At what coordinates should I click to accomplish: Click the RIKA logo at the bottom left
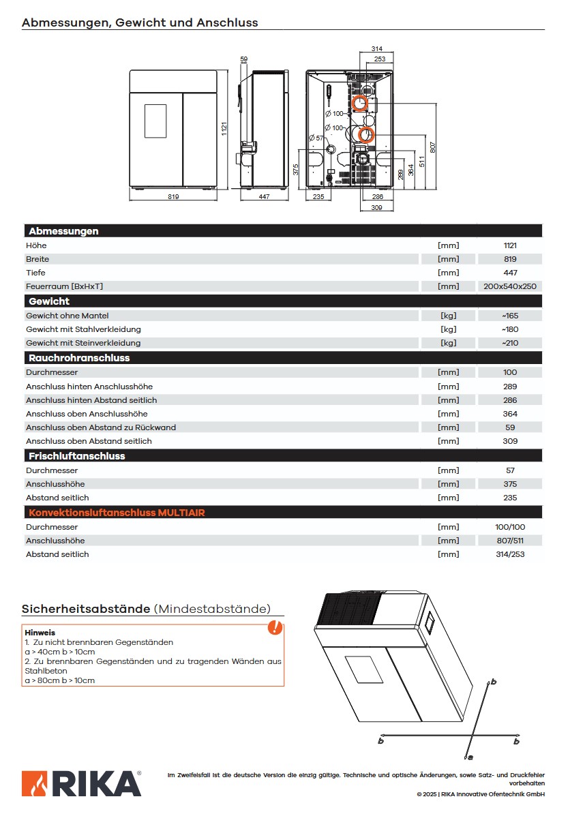point(81,783)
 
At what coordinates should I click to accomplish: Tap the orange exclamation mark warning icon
point(275,627)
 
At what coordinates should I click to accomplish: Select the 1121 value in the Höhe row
point(510,245)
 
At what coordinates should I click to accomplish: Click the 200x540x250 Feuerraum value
point(510,286)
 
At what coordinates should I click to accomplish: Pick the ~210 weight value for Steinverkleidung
point(510,343)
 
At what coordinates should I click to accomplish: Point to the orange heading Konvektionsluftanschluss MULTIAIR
point(115,512)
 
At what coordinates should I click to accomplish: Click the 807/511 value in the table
point(510,541)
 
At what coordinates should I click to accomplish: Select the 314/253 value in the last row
point(510,554)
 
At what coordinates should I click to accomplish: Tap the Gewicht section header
point(49,301)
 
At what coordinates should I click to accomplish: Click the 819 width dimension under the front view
point(172,197)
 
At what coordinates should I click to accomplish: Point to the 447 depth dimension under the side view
point(265,197)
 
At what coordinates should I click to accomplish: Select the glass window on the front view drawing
point(155,121)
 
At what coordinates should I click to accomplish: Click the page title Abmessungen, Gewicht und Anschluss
point(140,22)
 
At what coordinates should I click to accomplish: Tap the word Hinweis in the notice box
point(40,633)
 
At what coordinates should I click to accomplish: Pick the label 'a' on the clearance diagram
point(470,757)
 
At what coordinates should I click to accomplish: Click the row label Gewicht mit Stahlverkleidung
point(83,329)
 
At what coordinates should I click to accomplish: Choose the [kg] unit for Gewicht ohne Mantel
point(448,316)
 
